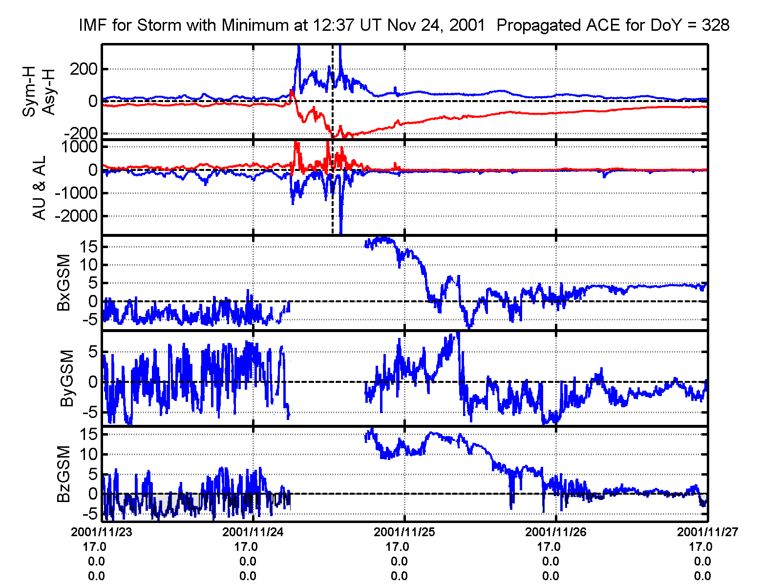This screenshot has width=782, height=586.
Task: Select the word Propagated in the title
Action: (545, 25)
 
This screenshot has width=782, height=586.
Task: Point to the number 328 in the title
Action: (715, 25)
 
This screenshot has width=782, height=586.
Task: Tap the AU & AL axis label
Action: (39, 188)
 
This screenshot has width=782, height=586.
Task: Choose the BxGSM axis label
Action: (64, 283)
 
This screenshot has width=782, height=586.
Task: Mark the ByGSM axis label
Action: (67, 378)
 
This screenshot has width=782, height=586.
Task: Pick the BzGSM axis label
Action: (64, 474)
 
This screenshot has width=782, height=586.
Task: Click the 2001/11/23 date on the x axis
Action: (102, 532)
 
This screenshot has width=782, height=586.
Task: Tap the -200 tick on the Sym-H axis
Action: (81, 133)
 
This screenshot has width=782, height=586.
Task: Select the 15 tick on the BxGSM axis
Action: (90, 247)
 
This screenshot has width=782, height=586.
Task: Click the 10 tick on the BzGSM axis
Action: (90, 454)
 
